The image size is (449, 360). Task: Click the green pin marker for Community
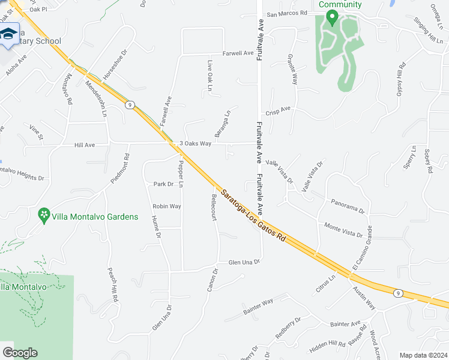click(332, 18)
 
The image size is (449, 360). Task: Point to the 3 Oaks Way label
click(196, 143)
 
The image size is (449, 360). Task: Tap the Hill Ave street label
click(85, 145)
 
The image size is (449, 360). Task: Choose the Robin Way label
click(167, 206)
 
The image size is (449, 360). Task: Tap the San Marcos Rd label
click(287, 13)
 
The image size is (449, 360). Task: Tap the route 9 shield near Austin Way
click(397, 293)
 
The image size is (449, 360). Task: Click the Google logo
click(20, 353)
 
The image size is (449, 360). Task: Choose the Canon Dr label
click(212, 280)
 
